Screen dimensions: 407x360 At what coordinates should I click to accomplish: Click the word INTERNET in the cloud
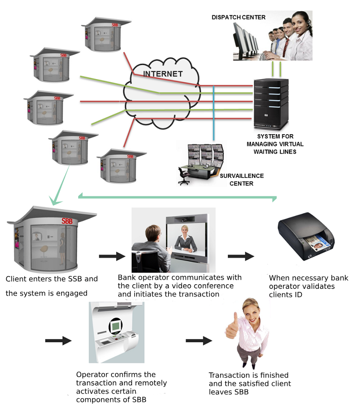[163, 73]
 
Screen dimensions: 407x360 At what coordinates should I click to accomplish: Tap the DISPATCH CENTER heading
[239, 17]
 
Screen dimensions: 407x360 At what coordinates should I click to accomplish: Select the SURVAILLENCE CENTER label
[242, 180]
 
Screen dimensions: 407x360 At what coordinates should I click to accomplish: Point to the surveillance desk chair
[184, 176]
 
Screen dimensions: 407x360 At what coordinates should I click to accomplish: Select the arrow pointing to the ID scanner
[241, 256]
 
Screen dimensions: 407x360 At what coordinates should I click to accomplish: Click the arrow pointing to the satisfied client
[199, 340]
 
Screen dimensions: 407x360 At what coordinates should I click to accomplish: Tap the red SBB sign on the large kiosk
[67, 221]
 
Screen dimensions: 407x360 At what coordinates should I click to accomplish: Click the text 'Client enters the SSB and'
[51, 279]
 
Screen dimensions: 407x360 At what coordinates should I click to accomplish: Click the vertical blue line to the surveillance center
[213, 113]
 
